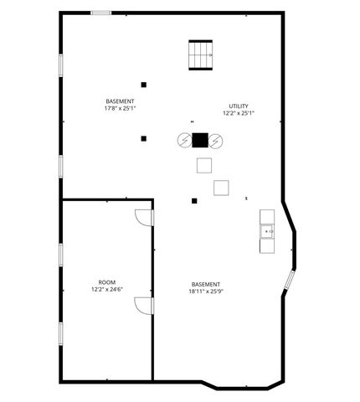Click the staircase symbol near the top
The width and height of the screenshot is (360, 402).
pyautogui.click(x=201, y=55)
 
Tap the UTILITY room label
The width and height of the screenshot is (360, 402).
pyautogui.click(x=239, y=106)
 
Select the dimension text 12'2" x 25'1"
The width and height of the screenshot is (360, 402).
pyautogui.click(x=239, y=113)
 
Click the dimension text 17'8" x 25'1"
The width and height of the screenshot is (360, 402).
pyautogui.click(x=120, y=108)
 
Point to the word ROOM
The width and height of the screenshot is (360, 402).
pyautogui.click(x=107, y=282)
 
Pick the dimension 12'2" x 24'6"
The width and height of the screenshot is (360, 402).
pyautogui.click(x=107, y=290)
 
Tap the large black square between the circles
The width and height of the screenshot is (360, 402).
pyautogui.click(x=200, y=141)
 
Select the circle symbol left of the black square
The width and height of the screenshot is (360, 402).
pyautogui.click(x=184, y=141)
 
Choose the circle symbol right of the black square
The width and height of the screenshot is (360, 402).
pyautogui.click(x=216, y=141)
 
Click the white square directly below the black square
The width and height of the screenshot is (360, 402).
pyautogui.click(x=203, y=166)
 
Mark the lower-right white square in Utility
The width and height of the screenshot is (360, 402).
pyautogui.click(x=221, y=187)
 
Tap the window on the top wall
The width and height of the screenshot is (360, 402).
pyautogui.click(x=101, y=13)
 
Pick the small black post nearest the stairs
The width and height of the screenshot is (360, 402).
pyautogui.click(x=144, y=85)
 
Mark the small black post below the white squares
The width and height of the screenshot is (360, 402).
pyautogui.click(x=194, y=201)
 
